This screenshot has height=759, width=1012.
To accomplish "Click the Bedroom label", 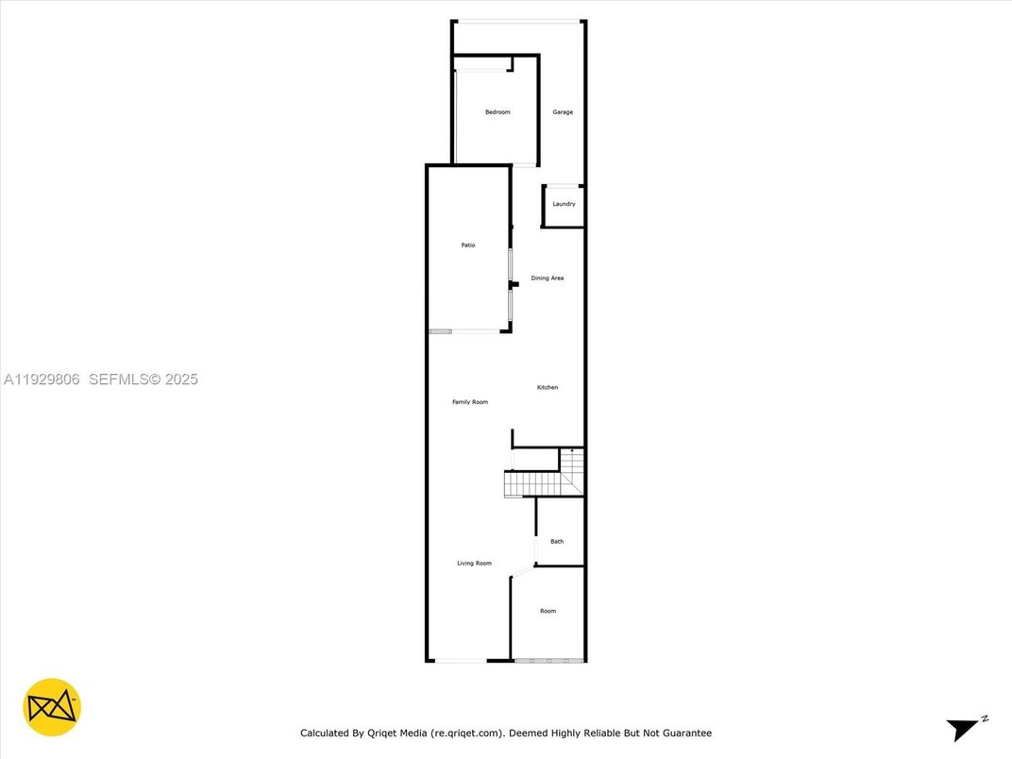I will point(498,112).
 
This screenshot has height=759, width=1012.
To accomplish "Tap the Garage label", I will point(563,112).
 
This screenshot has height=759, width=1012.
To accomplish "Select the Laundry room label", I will point(564,204).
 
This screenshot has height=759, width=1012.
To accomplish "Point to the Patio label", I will point(468,245).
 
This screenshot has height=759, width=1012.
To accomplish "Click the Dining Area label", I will point(548,278).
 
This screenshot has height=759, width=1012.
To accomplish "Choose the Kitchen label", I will point(548,387).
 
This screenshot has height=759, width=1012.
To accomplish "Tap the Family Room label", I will point(470,402).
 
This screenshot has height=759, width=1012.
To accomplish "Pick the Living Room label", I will point(474,564).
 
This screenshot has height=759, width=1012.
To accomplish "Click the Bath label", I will point(557,541).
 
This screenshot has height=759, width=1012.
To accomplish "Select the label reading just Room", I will point(548,612).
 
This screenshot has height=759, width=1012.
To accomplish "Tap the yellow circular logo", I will point(52,707).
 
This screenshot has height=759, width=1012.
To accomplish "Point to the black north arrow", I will point(962,730).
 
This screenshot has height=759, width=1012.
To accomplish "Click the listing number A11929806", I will point(43,379).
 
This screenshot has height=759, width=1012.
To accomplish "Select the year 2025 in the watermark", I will point(181,379).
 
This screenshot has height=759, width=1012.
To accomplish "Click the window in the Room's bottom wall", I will point(549,660).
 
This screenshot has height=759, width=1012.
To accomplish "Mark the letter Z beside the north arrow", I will point(985,719).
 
